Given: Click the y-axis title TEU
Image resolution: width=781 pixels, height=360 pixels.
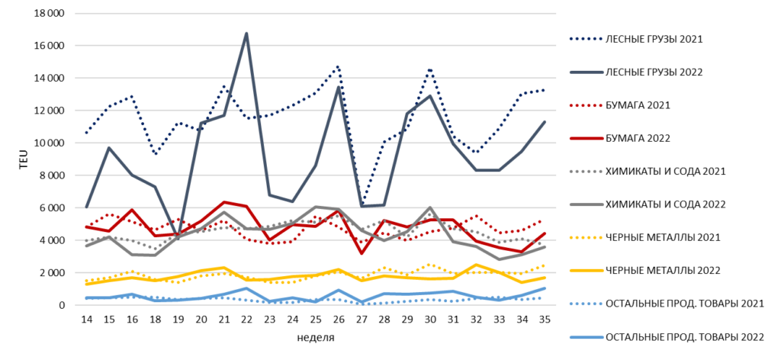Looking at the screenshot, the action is coord(23,159).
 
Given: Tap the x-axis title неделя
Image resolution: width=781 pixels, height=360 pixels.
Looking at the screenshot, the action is coord(316,338).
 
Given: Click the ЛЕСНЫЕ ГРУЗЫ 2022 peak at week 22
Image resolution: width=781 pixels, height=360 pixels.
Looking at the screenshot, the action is coord(246,34).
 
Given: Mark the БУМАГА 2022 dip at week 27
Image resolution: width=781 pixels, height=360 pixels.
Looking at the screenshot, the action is coord(361,253).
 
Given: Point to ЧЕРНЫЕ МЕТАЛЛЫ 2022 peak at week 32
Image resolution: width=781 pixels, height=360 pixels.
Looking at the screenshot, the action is coord(476,265).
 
